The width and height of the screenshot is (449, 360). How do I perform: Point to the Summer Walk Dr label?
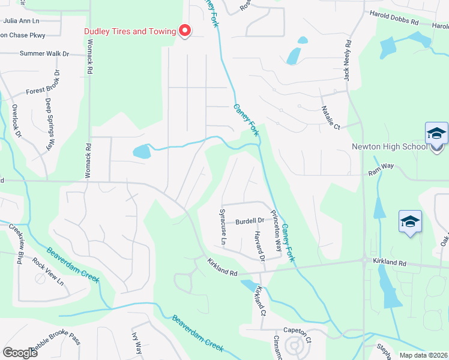[44, 53]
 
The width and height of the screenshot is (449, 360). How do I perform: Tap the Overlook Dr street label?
[16, 120]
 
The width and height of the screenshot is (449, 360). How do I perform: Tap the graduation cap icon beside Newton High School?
[436, 134]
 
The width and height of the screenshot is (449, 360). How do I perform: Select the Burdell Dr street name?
[250, 220]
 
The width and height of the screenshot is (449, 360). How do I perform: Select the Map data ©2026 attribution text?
[423, 355]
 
